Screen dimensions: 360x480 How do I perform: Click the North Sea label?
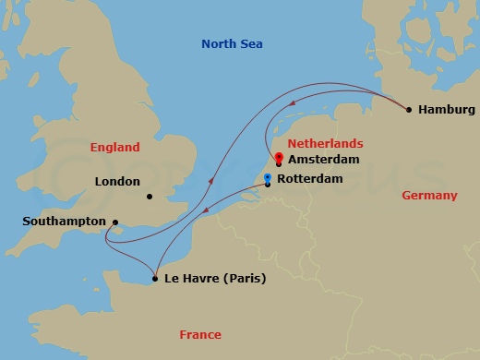(232, 44)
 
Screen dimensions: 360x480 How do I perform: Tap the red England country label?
(114, 148)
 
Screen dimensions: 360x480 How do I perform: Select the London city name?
(117, 183)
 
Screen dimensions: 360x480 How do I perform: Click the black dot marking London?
(149, 196)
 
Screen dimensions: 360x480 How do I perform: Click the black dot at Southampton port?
(114, 222)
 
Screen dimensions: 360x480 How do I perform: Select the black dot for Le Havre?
(154, 278)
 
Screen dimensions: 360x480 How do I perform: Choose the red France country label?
(200, 335)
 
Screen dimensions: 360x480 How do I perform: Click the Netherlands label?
(325, 144)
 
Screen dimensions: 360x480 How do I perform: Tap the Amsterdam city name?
(322, 160)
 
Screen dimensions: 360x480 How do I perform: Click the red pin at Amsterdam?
(279, 156)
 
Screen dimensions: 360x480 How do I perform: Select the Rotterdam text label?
(316, 178)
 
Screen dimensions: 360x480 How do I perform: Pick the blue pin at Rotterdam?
(268, 177)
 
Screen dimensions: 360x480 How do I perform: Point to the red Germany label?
(429, 196)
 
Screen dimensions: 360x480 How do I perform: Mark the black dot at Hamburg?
(409, 110)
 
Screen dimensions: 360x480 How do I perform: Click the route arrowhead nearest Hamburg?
(294, 103)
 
